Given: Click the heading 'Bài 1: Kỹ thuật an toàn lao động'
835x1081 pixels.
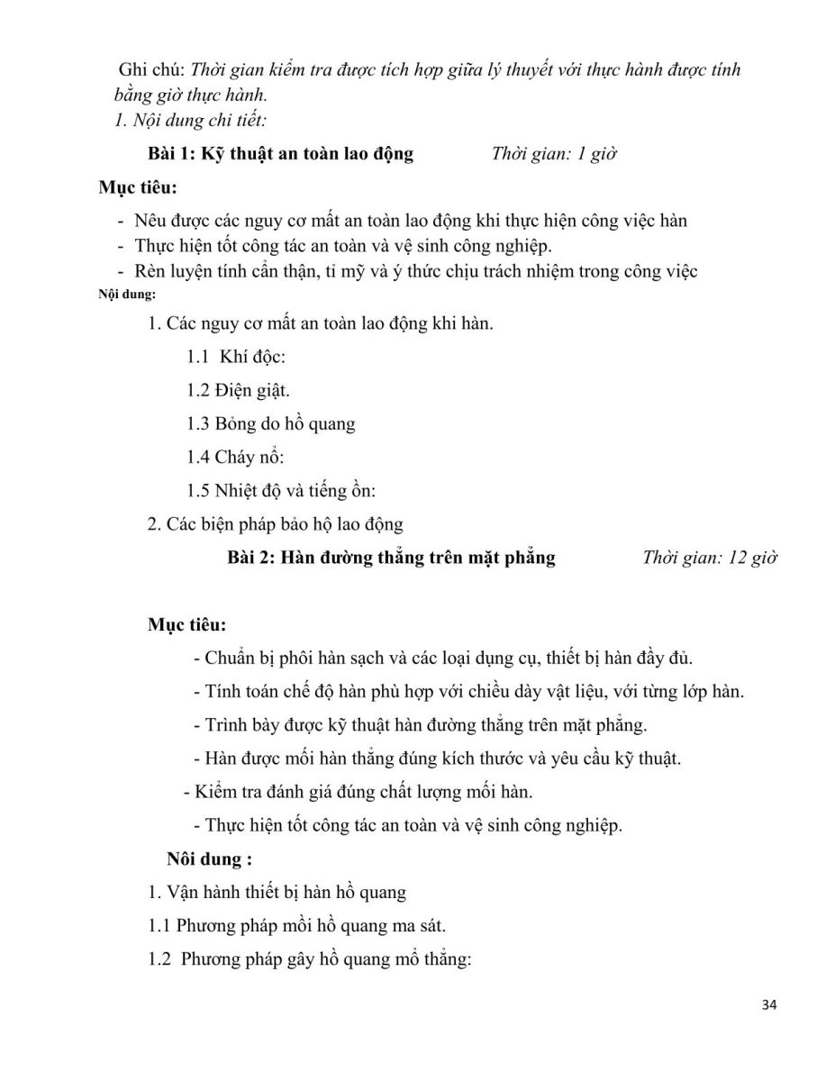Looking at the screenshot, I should [x=280, y=153].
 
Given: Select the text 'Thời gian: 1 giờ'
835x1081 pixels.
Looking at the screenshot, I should [x=554, y=153].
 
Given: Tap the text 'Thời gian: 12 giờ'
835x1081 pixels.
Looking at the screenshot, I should [x=710, y=558].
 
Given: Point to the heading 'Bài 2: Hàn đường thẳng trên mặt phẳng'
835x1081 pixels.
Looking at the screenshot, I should [x=391, y=558].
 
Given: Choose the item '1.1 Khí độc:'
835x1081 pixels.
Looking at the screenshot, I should [x=236, y=357].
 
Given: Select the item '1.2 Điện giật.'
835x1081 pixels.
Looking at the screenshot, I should [x=239, y=390].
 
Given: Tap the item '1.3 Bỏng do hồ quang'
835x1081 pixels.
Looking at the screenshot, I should [x=271, y=423].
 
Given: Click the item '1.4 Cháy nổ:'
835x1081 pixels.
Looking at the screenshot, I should [x=236, y=457].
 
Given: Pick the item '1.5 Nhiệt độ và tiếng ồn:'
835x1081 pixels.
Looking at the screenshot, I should [x=281, y=490].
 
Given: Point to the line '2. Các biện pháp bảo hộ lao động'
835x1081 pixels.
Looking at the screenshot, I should [x=275, y=523].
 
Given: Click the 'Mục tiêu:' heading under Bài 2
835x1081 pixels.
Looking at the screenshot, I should [x=187, y=624].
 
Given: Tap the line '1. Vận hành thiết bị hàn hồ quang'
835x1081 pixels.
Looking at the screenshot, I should [x=277, y=893].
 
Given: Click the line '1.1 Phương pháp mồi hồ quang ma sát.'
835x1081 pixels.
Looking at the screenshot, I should [x=296, y=926].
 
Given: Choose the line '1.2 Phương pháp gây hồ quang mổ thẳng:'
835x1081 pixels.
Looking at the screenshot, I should [x=310, y=959].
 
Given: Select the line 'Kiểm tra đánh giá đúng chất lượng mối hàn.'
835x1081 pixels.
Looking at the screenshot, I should [x=358, y=792].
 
